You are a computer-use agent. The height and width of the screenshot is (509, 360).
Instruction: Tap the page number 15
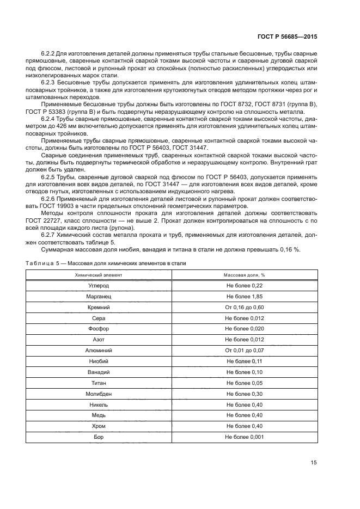click(314, 463)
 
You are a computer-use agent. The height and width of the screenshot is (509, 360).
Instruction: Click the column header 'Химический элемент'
click(99, 275)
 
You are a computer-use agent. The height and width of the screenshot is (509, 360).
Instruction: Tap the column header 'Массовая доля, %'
click(245, 275)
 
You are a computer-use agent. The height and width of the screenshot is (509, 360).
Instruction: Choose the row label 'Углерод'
click(99, 286)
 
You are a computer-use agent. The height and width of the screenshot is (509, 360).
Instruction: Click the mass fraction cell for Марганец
click(245, 297)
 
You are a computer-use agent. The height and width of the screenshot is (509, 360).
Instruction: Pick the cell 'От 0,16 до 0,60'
click(245, 308)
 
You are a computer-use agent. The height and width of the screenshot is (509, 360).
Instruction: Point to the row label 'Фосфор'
click(99, 329)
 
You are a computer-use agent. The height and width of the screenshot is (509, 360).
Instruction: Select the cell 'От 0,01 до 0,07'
click(245, 351)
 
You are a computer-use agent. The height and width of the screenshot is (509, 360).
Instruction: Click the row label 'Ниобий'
click(99, 361)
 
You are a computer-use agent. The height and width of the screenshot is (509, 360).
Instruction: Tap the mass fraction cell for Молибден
click(245, 394)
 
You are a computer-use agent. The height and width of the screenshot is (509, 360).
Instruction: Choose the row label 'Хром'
click(99, 426)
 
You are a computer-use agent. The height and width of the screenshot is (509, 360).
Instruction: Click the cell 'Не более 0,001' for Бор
click(245, 437)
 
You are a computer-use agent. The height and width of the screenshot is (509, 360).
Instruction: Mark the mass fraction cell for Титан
click(245, 383)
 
